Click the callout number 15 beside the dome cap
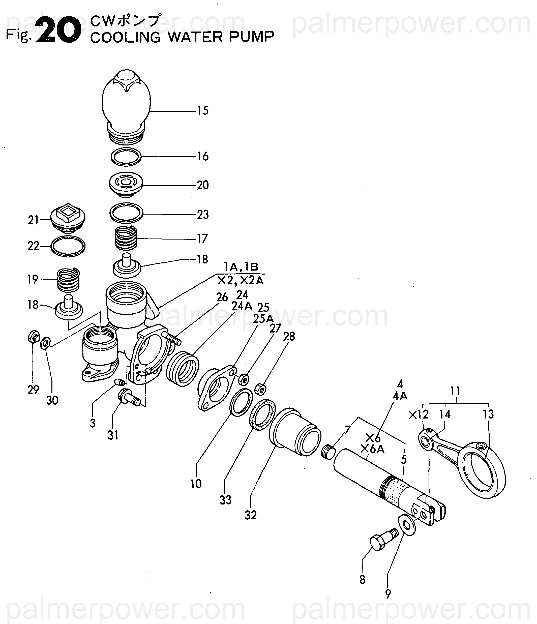click(x=203, y=111)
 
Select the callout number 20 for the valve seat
click(x=203, y=185)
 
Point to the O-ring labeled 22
click(x=68, y=246)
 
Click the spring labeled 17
click(x=127, y=238)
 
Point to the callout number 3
click(x=93, y=423)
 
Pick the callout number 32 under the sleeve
click(x=251, y=515)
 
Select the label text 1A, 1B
click(x=241, y=267)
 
